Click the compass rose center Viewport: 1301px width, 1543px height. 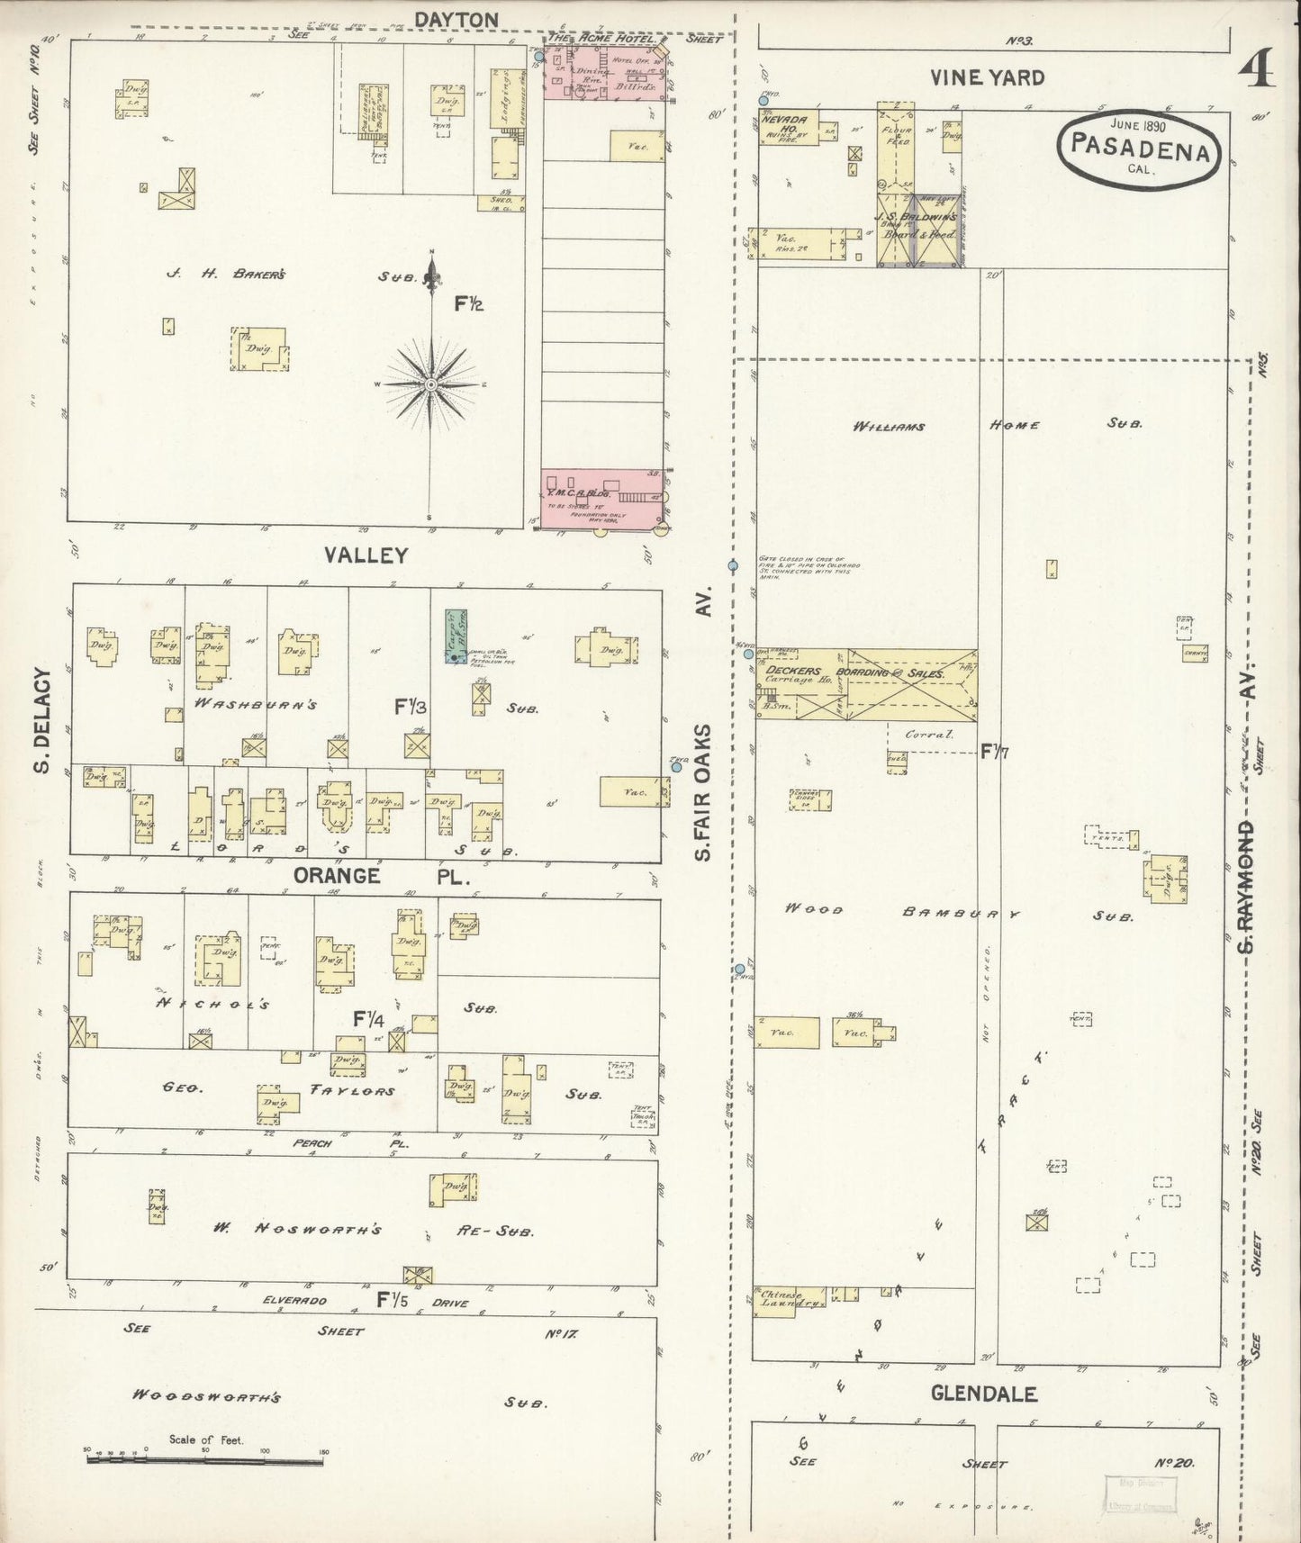(431, 384)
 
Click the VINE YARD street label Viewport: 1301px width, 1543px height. (988, 77)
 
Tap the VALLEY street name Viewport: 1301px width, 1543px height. (366, 555)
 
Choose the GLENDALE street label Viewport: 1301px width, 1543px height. (983, 1394)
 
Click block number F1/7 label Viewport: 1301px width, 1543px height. (994, 750)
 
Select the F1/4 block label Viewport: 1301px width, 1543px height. (369, 1019)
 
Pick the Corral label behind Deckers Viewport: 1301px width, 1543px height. (931, 734)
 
